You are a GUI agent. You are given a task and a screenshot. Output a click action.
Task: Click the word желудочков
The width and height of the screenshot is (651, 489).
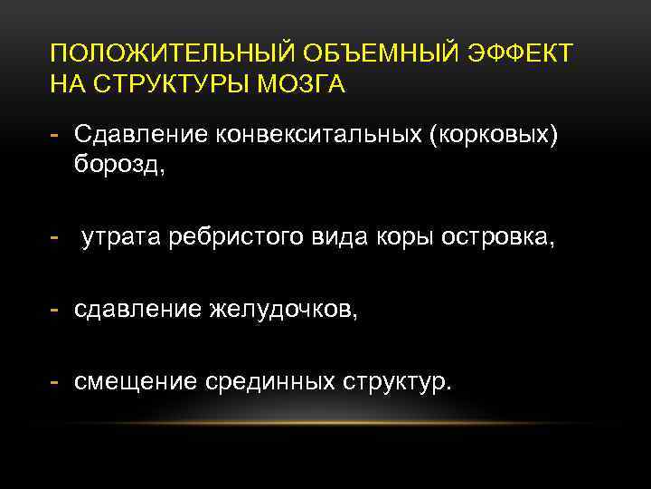click(x=283, y=311)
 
